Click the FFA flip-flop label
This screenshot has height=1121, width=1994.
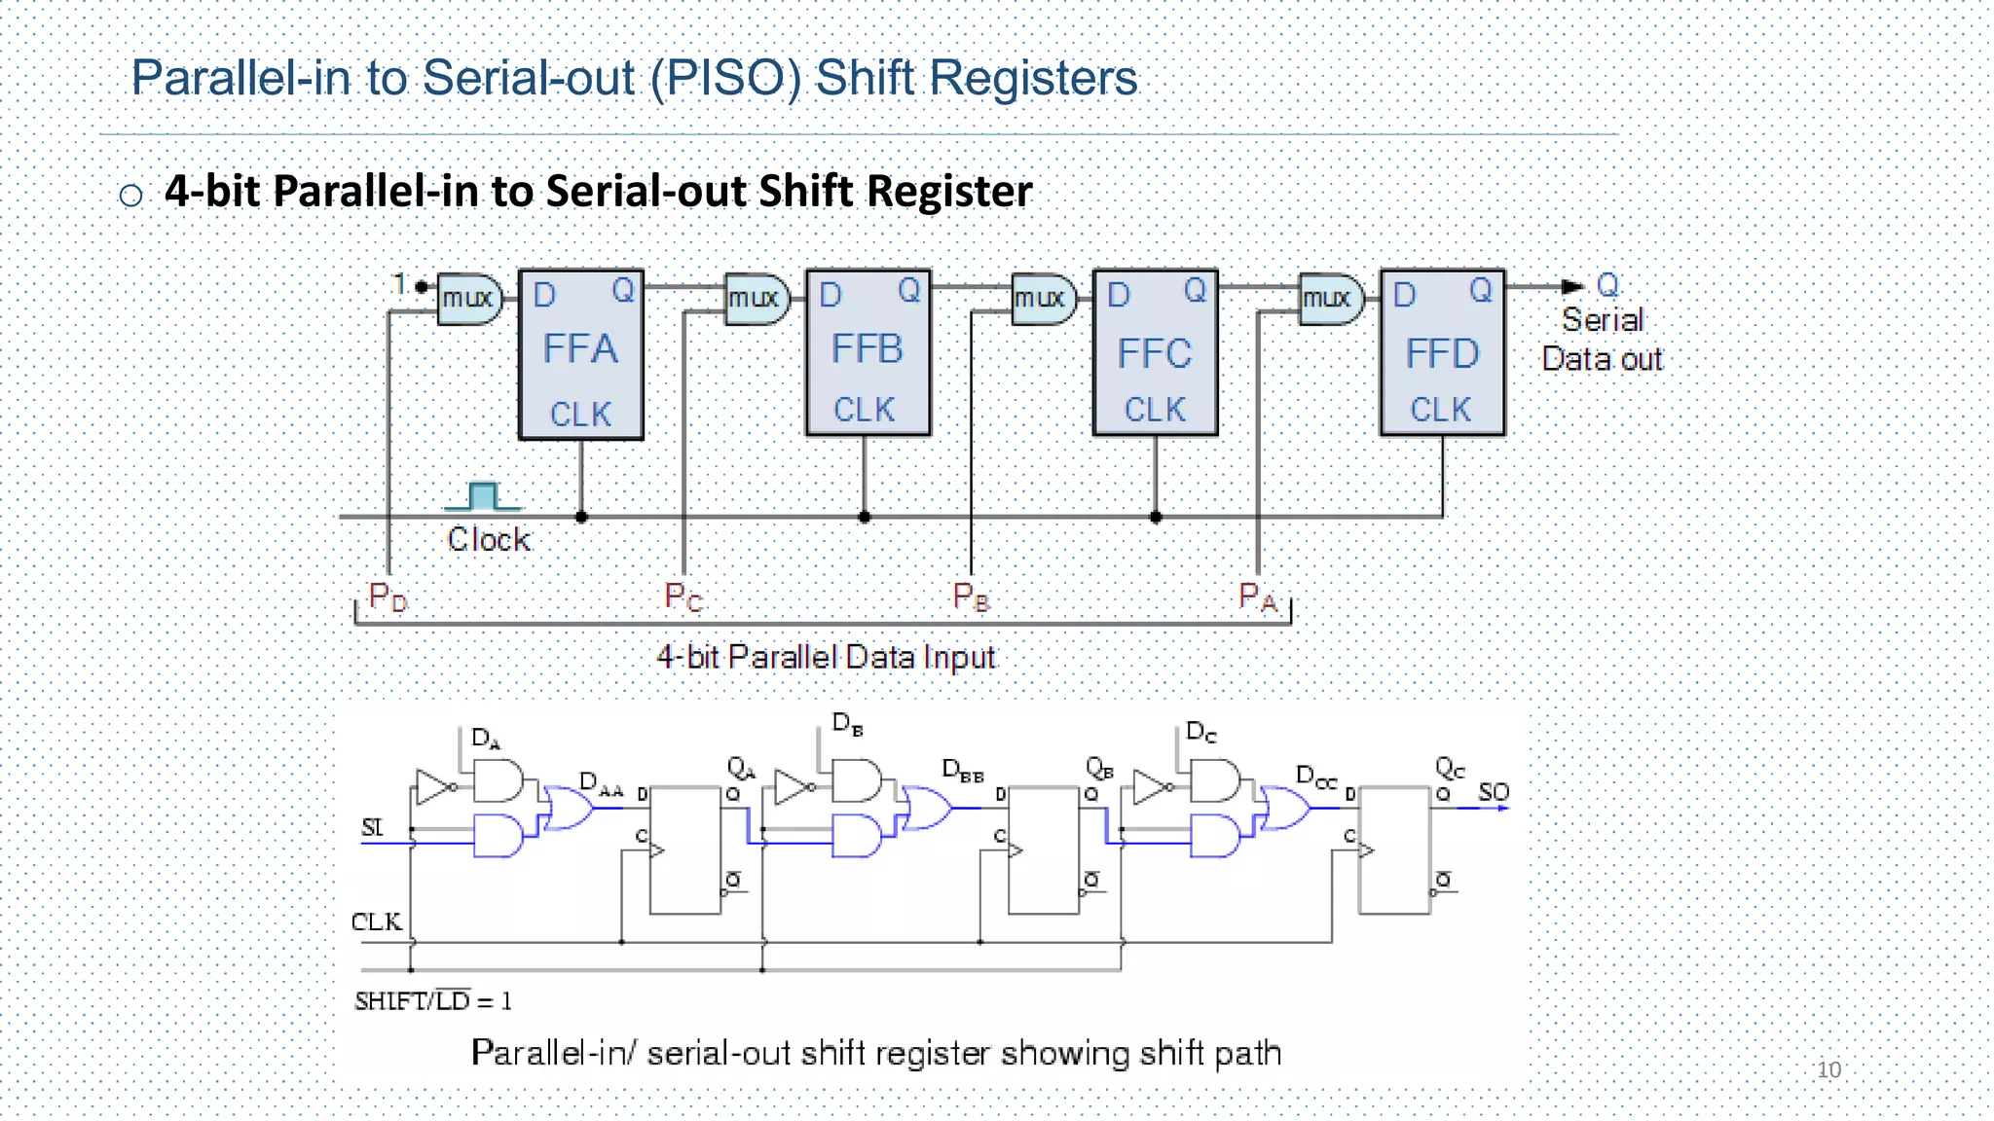(x=580, y=349)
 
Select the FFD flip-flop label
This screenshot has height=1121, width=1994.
(x=1442, y=354)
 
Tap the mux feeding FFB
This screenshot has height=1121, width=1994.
(x=757, y=298)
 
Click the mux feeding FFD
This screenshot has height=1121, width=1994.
(x=1330, y=298)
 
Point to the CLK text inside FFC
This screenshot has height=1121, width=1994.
(x=1155, y=410)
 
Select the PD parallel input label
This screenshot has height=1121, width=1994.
(x=388, y=597)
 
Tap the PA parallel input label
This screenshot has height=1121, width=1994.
(x=1257, y=597)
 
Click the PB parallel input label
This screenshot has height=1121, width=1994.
(x=971, y=597)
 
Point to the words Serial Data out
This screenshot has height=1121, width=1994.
(x=1602, y=340)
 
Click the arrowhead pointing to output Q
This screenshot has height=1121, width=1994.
(x=1571, y=286)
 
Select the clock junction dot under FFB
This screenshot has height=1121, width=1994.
(x=865, y=517)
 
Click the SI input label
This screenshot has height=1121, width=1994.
(x=372, y=827)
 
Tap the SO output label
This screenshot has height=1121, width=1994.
(x=1493, y=792)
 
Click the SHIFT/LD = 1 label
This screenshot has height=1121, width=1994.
(x=433, y=1001)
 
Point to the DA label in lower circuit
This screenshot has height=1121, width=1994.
(x=485, y=738)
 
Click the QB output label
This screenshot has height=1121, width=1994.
(x=1099, y=768)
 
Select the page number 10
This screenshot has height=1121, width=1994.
(x=1828, y=1069)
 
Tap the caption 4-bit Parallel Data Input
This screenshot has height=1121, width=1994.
(x=826, y=657)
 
